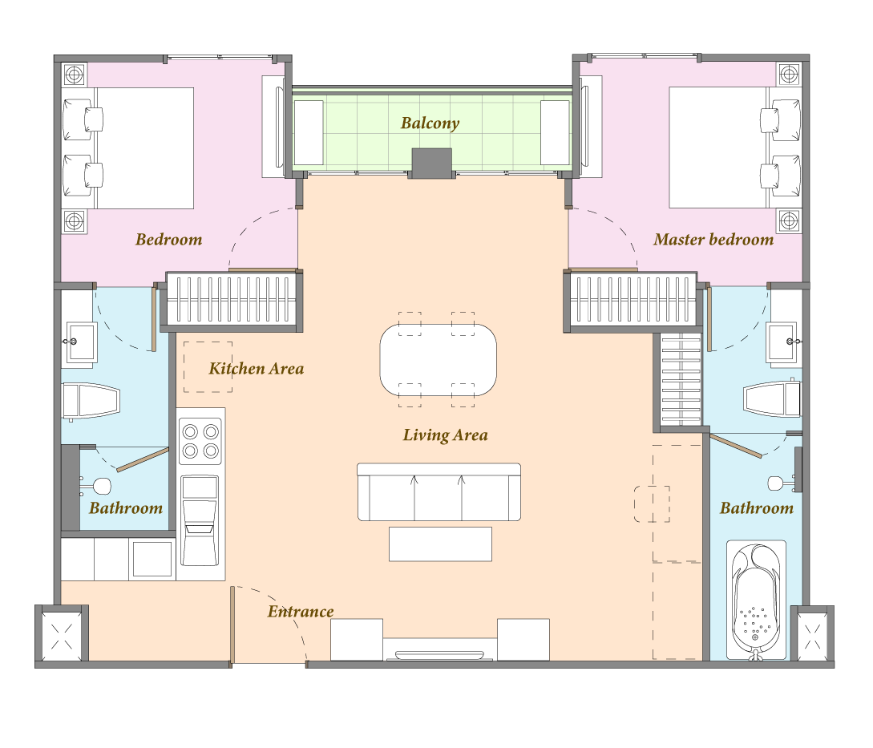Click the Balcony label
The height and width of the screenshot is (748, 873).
click(430, 123)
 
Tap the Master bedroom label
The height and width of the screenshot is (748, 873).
click(713, 240)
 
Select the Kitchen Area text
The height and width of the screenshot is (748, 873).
click(256, 369)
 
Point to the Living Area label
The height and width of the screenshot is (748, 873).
click(446, 435)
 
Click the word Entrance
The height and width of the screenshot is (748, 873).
click(301, 612)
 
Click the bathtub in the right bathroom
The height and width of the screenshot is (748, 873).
click(756, 600)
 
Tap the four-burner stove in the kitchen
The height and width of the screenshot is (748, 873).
click(200, 441)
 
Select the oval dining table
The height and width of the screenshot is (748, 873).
click(439, 360)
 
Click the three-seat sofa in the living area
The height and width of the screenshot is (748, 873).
click(439, 491)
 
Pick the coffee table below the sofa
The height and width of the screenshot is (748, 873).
click(440, 544)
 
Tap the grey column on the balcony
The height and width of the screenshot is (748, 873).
click(431, 164)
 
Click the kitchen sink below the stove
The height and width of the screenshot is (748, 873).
click(200, 520)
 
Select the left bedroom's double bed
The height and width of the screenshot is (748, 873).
click(127, 148)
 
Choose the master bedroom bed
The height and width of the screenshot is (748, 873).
click(735, 148)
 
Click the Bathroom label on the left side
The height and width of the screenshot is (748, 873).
click(126, 508)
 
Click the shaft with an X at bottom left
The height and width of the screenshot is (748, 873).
click(61, 636)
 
